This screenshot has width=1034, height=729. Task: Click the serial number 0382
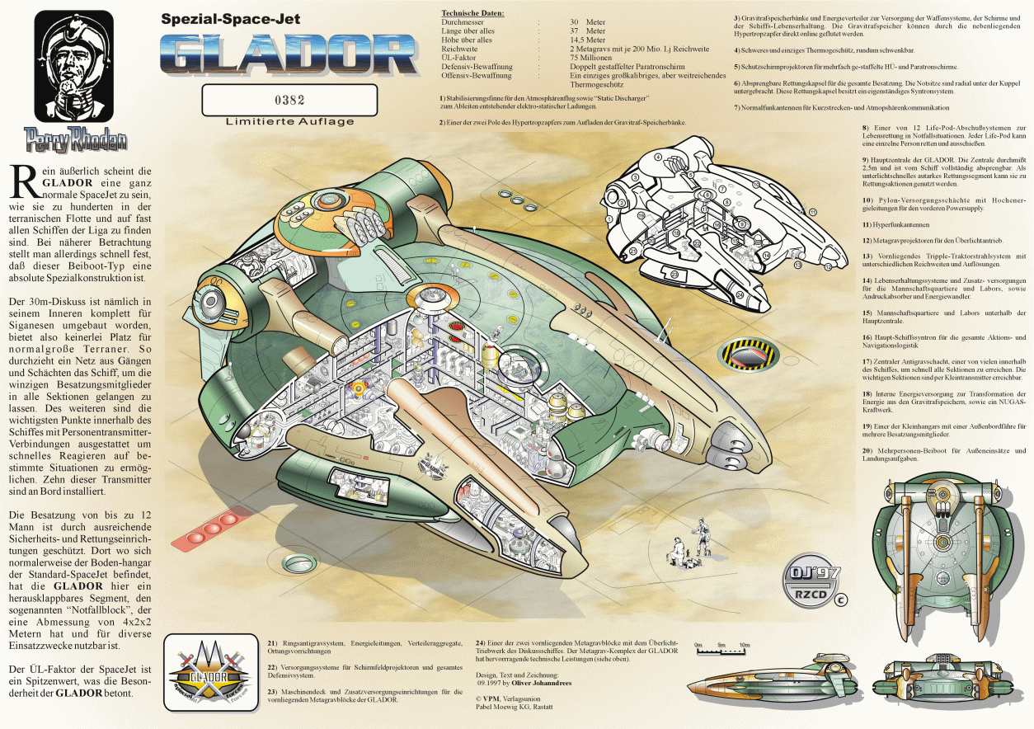point(289,101)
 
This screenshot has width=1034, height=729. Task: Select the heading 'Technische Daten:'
point(472,14)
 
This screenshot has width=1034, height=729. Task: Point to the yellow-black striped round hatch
point(749,354)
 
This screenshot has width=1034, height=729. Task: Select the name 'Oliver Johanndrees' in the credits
point(549,684)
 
